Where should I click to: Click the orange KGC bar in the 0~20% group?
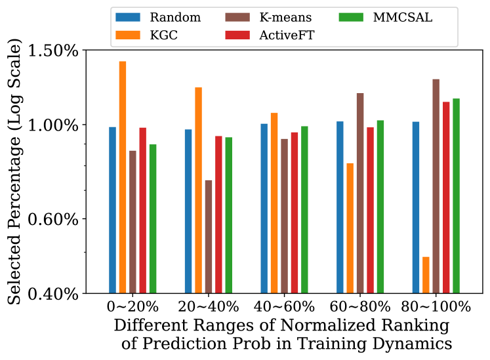pos(122,177)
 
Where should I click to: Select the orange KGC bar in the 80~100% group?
pos(426,275)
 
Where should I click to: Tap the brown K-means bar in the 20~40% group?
pos(209,237)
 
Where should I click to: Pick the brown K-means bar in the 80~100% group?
pos(436,186)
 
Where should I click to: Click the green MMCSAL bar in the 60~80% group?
pos(380,207)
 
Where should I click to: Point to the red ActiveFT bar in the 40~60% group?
pos(295,212)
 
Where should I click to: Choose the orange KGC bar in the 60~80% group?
pos(350,228)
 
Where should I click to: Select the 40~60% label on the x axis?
pos(284,307)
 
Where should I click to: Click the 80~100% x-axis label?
pos(436,307)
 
